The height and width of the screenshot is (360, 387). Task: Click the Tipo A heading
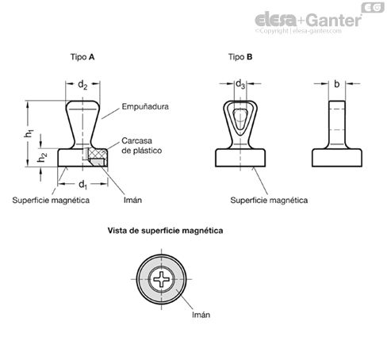coord(82,57)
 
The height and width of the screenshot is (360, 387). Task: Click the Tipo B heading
coord(240,57)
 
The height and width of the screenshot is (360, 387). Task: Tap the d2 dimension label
coord(82,85)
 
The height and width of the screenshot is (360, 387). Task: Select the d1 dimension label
coord(82,185)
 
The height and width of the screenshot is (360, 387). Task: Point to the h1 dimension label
coord(29,133)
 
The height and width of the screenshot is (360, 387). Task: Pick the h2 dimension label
coord(42,157)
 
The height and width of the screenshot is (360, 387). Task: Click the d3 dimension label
coord(240,84)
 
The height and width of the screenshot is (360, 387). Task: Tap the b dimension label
coord(336,84)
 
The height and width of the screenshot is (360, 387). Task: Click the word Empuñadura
coord(145,106)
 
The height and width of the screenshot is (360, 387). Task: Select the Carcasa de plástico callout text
coord(142,145)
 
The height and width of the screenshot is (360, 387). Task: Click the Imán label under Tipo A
coord(132,200)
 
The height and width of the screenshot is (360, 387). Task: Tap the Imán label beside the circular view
coord(201,315)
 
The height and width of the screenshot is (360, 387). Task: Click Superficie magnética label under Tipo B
coord(269,200)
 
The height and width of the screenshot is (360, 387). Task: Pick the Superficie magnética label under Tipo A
coord(51,200)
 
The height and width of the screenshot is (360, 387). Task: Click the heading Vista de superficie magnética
coord(165,231)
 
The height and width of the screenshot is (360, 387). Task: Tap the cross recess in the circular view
coord(161,279)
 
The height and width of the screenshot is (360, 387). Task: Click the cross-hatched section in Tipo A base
coord(97,153)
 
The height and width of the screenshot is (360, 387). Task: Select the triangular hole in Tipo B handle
coord(240,119)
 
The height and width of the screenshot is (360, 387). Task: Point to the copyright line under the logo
coord(298,31)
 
